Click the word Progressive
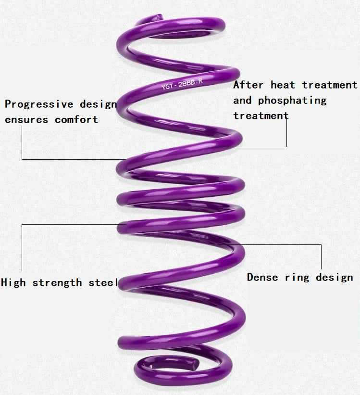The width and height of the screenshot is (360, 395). point(39,104)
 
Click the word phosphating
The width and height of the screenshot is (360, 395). point(292,101)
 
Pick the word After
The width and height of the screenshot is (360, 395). point(248,85)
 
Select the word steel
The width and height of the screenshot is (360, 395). point(103,282)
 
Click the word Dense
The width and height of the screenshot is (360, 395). point(263,277)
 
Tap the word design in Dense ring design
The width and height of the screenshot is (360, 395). point(335,278)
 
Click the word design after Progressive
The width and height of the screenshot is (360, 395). point(99,104)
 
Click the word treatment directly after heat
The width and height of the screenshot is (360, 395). point(330,85)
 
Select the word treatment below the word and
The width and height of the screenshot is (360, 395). point(261,116)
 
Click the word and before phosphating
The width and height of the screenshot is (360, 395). point(242,101)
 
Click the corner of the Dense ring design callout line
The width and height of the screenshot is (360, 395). point(321,244)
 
